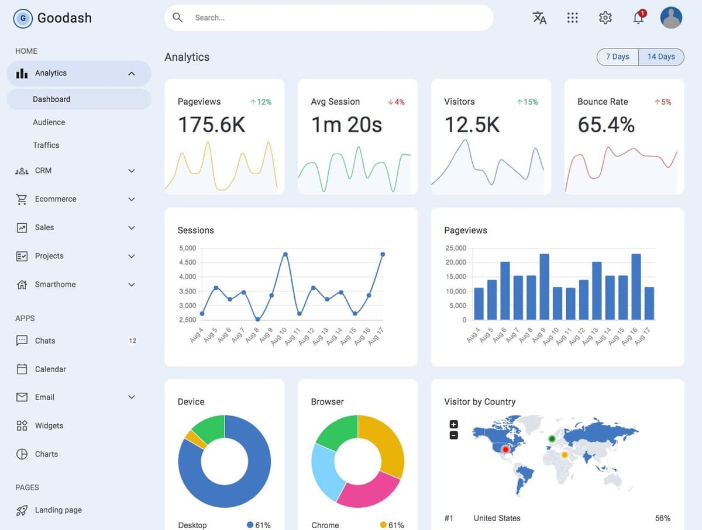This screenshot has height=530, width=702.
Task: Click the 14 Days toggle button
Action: click(661, 57)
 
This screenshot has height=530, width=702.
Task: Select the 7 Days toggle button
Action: click(617, 57)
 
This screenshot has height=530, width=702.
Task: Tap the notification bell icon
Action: click(638, 18)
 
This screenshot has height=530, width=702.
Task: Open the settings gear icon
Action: click(605, 18)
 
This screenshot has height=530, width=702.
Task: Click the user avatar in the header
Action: click(671, 18)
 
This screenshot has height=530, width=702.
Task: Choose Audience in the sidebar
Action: click(49, 122)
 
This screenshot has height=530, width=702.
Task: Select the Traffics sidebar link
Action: click(46, 145)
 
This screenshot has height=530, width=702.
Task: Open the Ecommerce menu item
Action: click(56, 199)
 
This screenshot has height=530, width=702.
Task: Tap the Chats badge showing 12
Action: click(132, 341)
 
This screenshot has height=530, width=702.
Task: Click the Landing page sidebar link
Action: click(58, 510)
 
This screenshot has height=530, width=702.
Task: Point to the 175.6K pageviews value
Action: click(211, 125)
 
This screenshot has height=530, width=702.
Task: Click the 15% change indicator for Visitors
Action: click(528, 102)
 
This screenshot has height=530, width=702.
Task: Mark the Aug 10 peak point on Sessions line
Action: click(285, 254)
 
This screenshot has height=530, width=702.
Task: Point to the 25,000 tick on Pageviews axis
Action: click(456, 248)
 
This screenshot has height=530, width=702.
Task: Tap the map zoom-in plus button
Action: click(453, 424)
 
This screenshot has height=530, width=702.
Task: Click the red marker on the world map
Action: click(505, 449)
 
